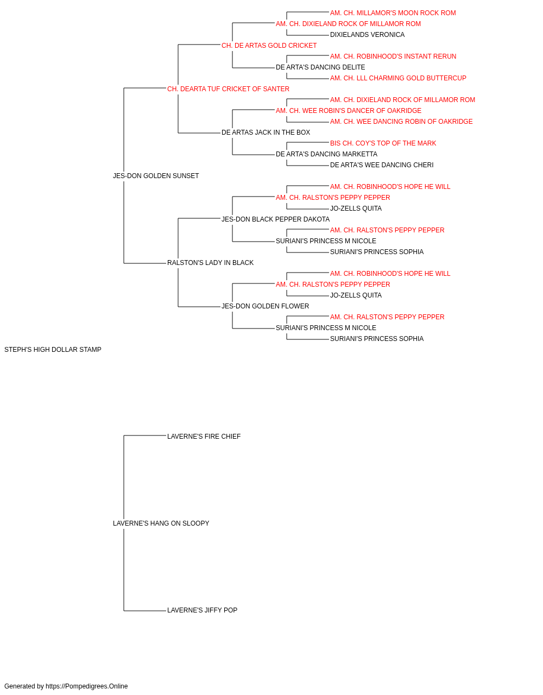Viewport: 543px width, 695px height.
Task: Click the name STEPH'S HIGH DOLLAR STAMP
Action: coord(53,350)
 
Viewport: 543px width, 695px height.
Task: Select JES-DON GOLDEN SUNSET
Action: coord(156,176)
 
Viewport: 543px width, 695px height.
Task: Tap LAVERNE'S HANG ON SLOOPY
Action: coord(161,523)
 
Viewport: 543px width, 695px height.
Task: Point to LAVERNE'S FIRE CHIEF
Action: coord(204,437)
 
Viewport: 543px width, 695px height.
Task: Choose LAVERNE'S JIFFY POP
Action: coord(202,610)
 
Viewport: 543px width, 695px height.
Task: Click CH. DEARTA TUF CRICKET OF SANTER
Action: coord(228,89)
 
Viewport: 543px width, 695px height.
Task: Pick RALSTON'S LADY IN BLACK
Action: coord(210,263)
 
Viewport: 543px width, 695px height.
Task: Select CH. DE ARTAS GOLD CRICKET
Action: coord(269,46)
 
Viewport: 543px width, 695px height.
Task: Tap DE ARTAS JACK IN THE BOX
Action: coord(266,132)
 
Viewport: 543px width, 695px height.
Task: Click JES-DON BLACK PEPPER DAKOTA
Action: coord(275,219)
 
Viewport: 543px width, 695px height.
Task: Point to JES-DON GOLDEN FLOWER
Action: coord(265,306)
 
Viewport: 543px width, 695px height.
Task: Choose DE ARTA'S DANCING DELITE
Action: coord(320,67)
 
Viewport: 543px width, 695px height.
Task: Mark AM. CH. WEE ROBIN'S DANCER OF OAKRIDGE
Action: coord(349,111)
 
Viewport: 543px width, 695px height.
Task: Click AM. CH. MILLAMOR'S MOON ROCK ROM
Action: coord(393,13)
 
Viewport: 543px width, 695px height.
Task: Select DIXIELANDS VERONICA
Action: coord(367,35)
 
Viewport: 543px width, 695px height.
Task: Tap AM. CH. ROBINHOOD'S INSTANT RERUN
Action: coord(393,56)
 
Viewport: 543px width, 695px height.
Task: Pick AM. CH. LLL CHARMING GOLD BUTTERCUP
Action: coord(398,78)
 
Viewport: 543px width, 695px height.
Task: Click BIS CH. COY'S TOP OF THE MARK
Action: coord(383,143)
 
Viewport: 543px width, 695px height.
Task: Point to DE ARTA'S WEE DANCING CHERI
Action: coord(382,165)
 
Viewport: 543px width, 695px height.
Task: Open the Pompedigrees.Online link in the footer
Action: coord(87,686)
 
